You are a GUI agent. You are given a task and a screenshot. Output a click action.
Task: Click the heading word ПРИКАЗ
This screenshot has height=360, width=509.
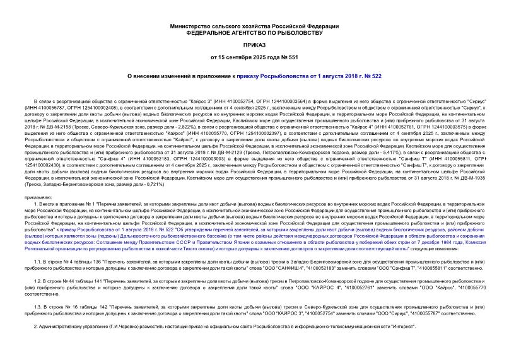point(254,46)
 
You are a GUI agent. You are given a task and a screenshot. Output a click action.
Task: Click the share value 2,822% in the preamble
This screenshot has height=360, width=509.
point(190,125)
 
